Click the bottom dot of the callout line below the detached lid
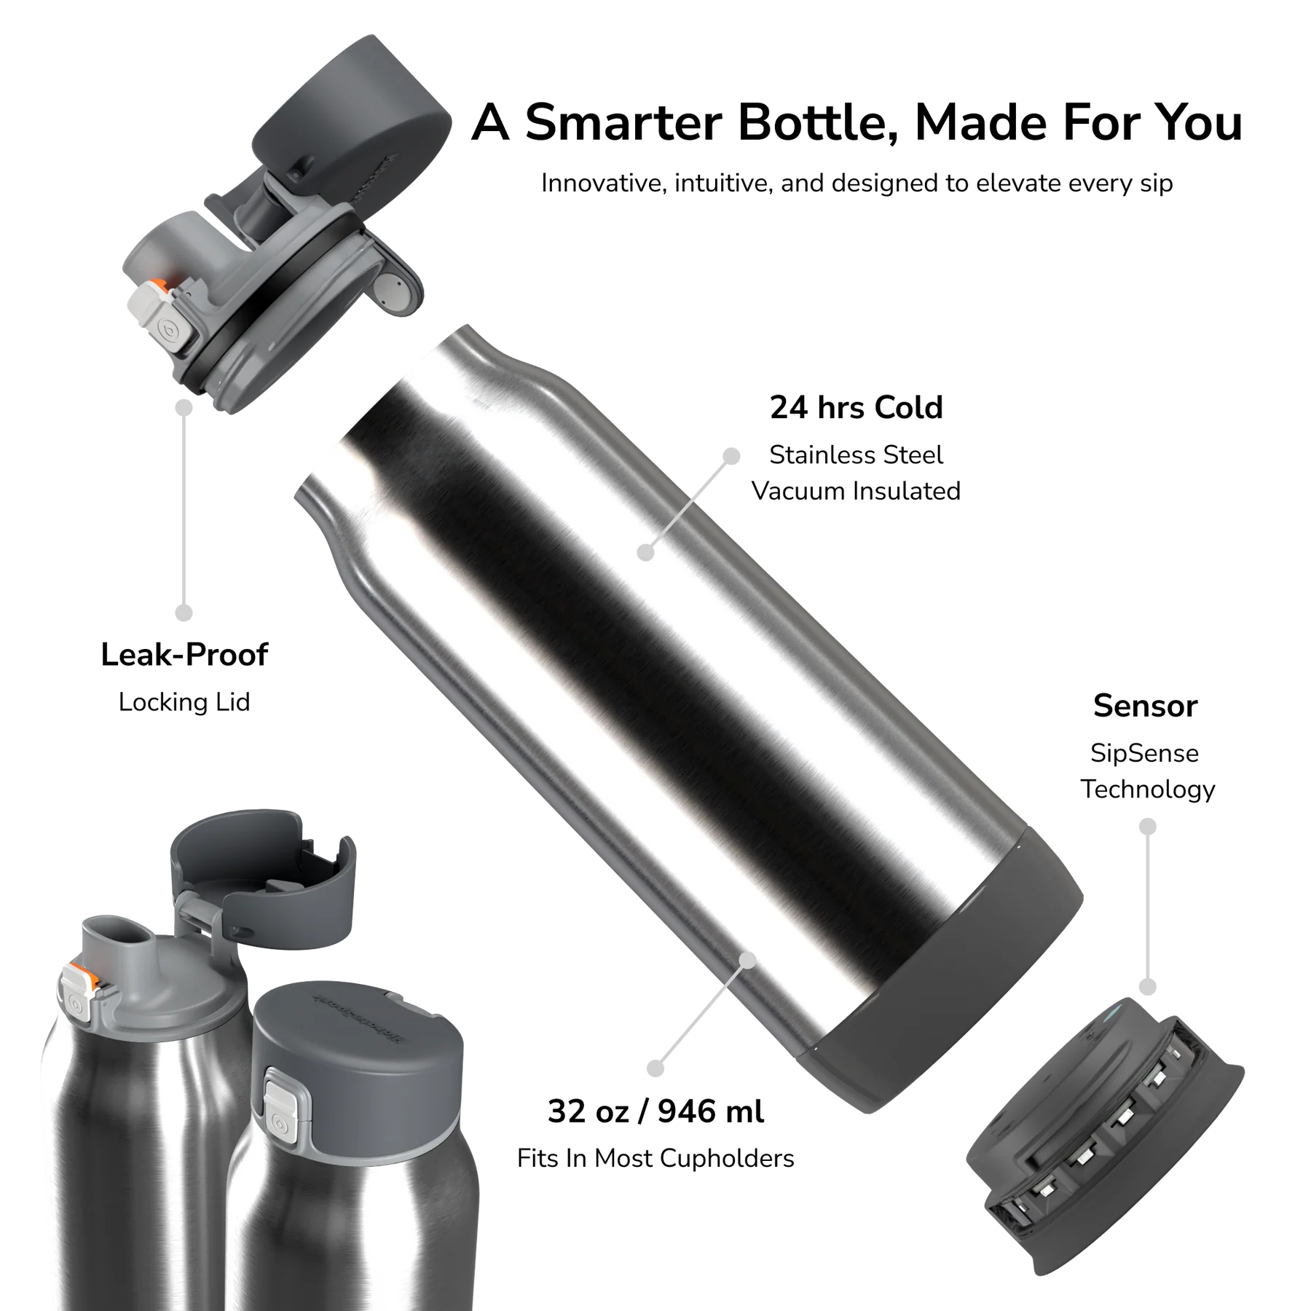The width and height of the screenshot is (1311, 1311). (x=183, y=613)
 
